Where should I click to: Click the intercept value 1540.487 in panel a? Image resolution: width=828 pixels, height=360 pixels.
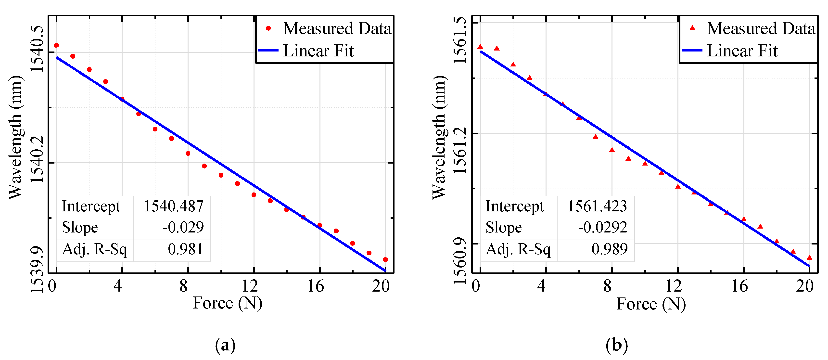[x=173, y=206]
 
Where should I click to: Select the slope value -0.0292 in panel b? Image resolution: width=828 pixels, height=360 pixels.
[x=602, y=228]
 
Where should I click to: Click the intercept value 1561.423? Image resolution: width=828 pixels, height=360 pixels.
[x=597, y=206]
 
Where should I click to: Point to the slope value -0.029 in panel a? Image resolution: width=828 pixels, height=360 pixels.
[x=183, y=228]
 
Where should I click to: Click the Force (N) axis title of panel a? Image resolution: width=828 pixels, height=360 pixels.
[x=227, y=303]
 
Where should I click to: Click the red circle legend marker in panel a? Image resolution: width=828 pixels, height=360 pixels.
[x=268, y=29]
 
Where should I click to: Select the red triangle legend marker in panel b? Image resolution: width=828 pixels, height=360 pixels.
[x=692, y=28]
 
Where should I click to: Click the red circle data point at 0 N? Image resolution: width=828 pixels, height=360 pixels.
[x=56, y=45]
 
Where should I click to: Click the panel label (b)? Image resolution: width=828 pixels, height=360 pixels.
[x=616, y=345]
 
